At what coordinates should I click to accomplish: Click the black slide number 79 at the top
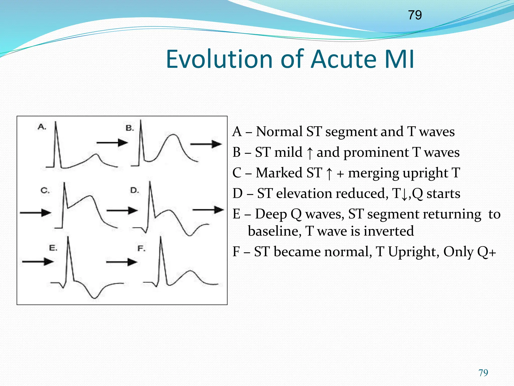(415, 15)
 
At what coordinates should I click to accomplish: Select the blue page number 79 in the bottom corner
(483, 373)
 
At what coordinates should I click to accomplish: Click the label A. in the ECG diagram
(42, 127)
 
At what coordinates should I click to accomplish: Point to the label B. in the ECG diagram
(130, 128)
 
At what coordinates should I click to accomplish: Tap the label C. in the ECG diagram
(45, 190)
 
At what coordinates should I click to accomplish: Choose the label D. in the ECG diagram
(135, 190)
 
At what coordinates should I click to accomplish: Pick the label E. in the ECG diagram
(53, 248)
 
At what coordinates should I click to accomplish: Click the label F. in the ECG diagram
(141, 249)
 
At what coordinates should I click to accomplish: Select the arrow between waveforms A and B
(112, 143)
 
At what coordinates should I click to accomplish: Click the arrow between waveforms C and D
(122, 211)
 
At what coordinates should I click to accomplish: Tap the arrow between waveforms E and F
(121, 262)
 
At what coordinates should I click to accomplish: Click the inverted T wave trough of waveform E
(94, 298)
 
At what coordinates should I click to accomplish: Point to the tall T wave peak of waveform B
(173, 135)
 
